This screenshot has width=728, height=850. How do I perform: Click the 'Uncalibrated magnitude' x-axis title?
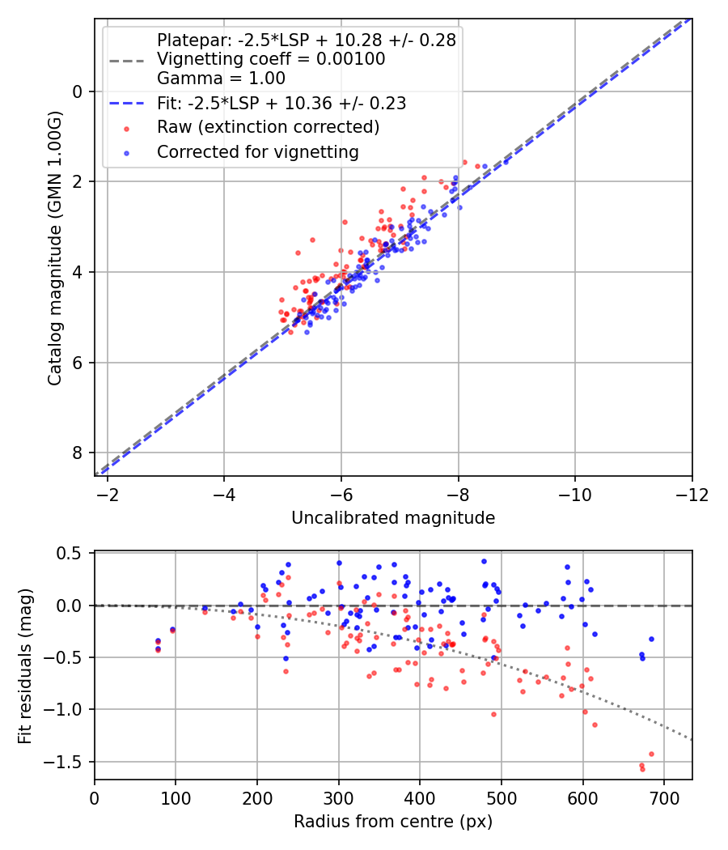tap(392, 518)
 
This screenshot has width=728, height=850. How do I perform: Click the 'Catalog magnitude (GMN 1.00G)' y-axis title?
tap(55, 249)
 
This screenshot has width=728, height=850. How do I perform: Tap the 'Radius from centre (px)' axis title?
tap(392, 822)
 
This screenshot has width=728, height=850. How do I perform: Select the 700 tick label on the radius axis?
tap(664, 798)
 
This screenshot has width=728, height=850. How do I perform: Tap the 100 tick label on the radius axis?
tap(176, 798)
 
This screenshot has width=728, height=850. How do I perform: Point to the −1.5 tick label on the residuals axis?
tap(62, 762)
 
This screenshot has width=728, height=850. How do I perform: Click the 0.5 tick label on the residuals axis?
tap(68, 554)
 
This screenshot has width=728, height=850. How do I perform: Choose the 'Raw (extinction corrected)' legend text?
tap(268, 127)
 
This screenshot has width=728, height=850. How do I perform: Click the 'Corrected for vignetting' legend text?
tap(258, 152)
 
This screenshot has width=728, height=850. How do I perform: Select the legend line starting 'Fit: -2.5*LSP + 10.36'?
tap(281, 103)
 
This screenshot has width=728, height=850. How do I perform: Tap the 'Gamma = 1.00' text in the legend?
tap(221, 79)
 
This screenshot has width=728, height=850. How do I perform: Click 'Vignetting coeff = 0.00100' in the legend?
tap(271, 59)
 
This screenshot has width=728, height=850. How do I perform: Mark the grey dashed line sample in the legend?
tap(127, 61)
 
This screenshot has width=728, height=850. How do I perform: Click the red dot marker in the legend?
tap(127, 129)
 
